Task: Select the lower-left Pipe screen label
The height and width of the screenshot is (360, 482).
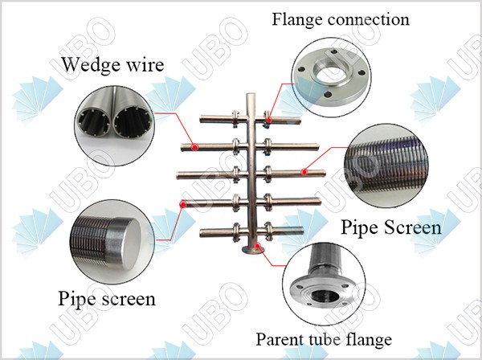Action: pos(107,300)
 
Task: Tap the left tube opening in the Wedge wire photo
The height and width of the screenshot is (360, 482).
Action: pos(94,124)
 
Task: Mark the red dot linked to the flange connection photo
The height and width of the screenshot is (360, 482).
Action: pos(268,121)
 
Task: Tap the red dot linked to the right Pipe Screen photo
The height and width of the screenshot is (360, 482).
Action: pos(304,171)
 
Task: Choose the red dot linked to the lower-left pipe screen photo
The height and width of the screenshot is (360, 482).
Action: pos(183,204)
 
